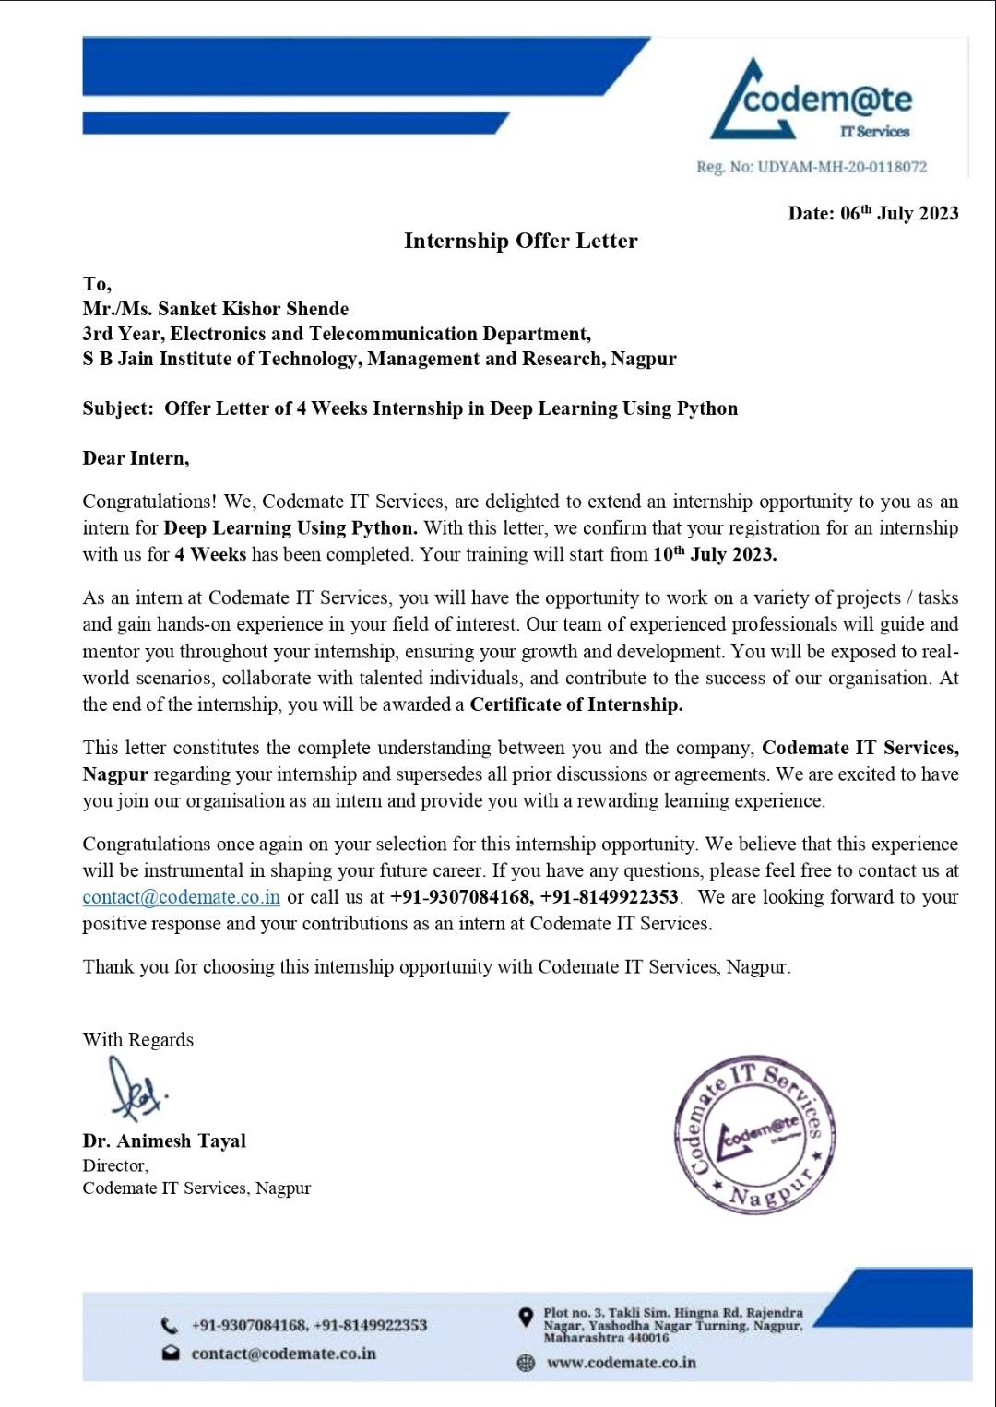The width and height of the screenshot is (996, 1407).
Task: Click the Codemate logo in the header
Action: click(812, 101)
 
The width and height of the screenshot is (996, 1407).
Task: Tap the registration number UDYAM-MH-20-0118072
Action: click(812, 167)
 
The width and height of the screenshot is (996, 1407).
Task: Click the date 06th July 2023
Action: click(872, 213)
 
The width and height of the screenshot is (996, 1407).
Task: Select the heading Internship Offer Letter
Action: click(520, 241)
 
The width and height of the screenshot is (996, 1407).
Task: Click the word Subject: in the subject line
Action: click(118, 408)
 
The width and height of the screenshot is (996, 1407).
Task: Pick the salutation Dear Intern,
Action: click(136, 458)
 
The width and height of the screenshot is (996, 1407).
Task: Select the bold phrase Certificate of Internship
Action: click(575, 704)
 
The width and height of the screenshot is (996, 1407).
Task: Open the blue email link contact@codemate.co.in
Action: click(181, 897)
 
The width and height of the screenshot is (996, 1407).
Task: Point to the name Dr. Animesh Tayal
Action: click(164, 1141)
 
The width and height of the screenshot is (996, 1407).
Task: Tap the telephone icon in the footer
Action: click(170, 1326)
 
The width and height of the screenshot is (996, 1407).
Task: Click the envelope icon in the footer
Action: click(171, 1354)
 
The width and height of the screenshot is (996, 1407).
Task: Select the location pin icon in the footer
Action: click(526, 1318)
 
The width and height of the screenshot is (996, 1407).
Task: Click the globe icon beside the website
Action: click(526, 1363)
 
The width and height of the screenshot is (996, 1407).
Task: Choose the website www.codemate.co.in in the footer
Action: click(621, 1363)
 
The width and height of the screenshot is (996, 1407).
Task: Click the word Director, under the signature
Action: click(115, 1165)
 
